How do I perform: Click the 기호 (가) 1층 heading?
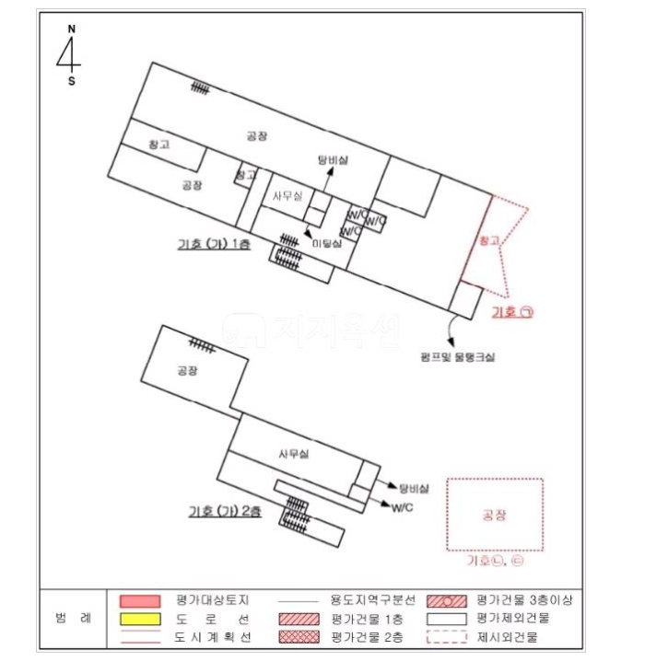click(x=214, y=244)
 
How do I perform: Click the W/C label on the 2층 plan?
click(x=402, y=507)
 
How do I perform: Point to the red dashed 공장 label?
click(x=495, y=515)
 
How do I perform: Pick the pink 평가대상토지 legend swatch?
click(x=141, y=600)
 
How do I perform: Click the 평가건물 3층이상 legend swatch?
click(x=448, y=600)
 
